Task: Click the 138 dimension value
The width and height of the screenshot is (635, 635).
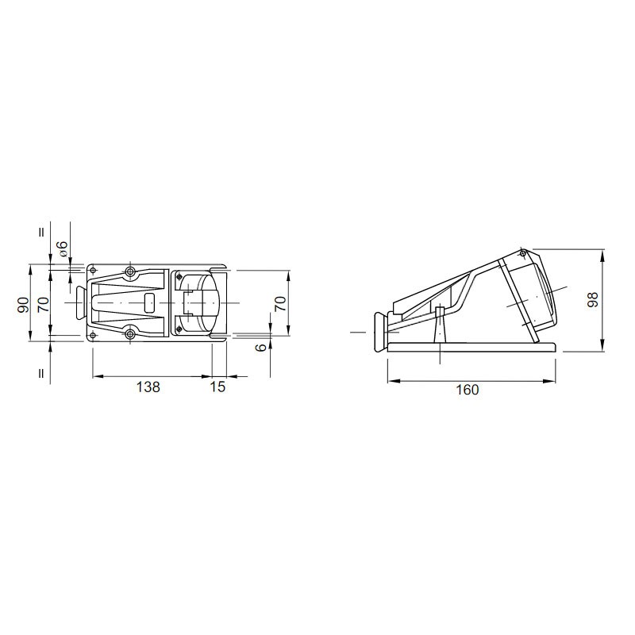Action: [x=148, y=387]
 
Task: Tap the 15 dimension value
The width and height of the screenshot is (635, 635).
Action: [x=217, y=387]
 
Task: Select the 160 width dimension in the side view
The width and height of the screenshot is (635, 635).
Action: [x=468, y=390]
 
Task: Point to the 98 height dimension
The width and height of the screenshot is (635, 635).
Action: [x=593, y=300]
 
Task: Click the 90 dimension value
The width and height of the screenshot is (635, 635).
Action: [x=24, y=305]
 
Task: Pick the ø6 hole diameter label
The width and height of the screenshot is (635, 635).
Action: [x=62, y=248]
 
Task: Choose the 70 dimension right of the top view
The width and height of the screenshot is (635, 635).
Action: [x=280, y=303]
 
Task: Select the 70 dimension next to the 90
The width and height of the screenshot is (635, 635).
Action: [x=43, y=304]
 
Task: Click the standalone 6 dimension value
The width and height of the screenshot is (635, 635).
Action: [x=262, y=347]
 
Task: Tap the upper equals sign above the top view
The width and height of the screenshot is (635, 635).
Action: [x=41, y=233]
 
